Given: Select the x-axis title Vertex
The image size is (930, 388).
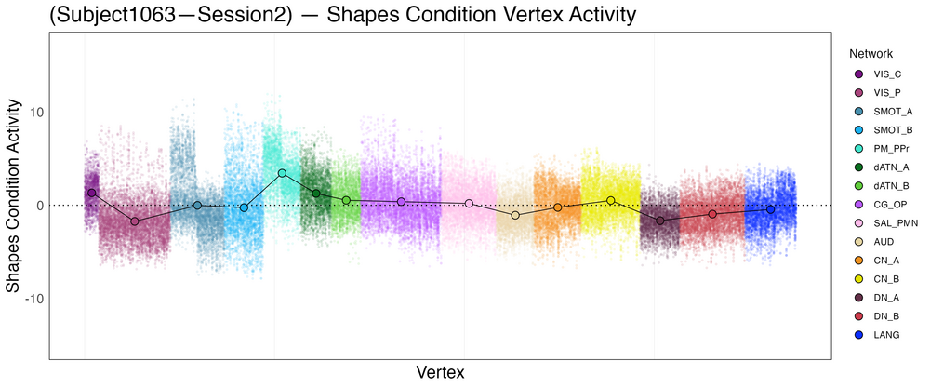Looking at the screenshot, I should tap(441, 372).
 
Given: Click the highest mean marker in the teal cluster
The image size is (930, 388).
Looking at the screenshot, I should tap(282, 173).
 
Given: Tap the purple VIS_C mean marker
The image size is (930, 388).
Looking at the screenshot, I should tap(91, 193).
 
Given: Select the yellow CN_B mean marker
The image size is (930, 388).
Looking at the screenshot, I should tap(611, 200).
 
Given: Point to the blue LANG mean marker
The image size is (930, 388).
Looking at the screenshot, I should tap(770, 209).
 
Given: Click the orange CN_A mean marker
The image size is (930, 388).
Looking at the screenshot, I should tap(558, 207).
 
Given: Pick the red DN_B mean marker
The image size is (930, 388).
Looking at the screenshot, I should tap(712, 214).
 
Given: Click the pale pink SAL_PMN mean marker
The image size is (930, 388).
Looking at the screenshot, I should tap(469, 203).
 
